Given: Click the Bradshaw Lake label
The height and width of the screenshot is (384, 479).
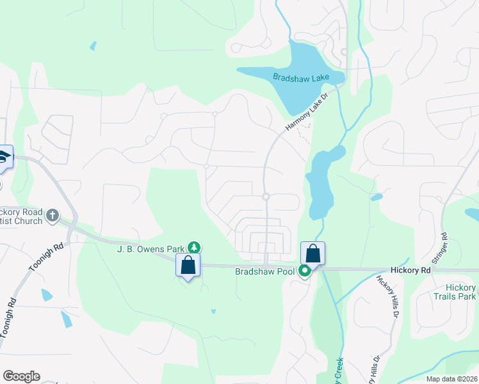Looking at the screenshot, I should pyautogui.click(x=301, y=77).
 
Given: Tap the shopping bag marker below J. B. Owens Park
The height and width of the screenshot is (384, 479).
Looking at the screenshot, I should pyautogui.click(x=188, y=265).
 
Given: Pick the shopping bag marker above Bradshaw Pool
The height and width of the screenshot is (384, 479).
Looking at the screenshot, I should pyautogui.click(x=313, y=252).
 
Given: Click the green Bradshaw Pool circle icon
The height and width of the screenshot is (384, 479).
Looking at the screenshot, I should pyautogui.click(x=305, y=271).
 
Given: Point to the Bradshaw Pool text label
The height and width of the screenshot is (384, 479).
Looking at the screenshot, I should pyautogui.click(x=264, y=271).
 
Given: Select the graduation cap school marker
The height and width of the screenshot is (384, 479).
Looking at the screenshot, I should pyautogui.click(x=3, y=157).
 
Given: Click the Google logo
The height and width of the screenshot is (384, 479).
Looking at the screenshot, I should pyautogui.click(x=21, y=376).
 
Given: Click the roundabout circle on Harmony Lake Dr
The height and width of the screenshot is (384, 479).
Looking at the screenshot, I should pyautogui.click(x=265, y=196).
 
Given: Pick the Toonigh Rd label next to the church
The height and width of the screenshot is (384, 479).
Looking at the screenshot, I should pyautogui.click(x=46, y=257).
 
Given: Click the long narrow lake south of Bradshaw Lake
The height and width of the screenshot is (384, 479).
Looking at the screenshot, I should pyautogui.click(x=321, y=186).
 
